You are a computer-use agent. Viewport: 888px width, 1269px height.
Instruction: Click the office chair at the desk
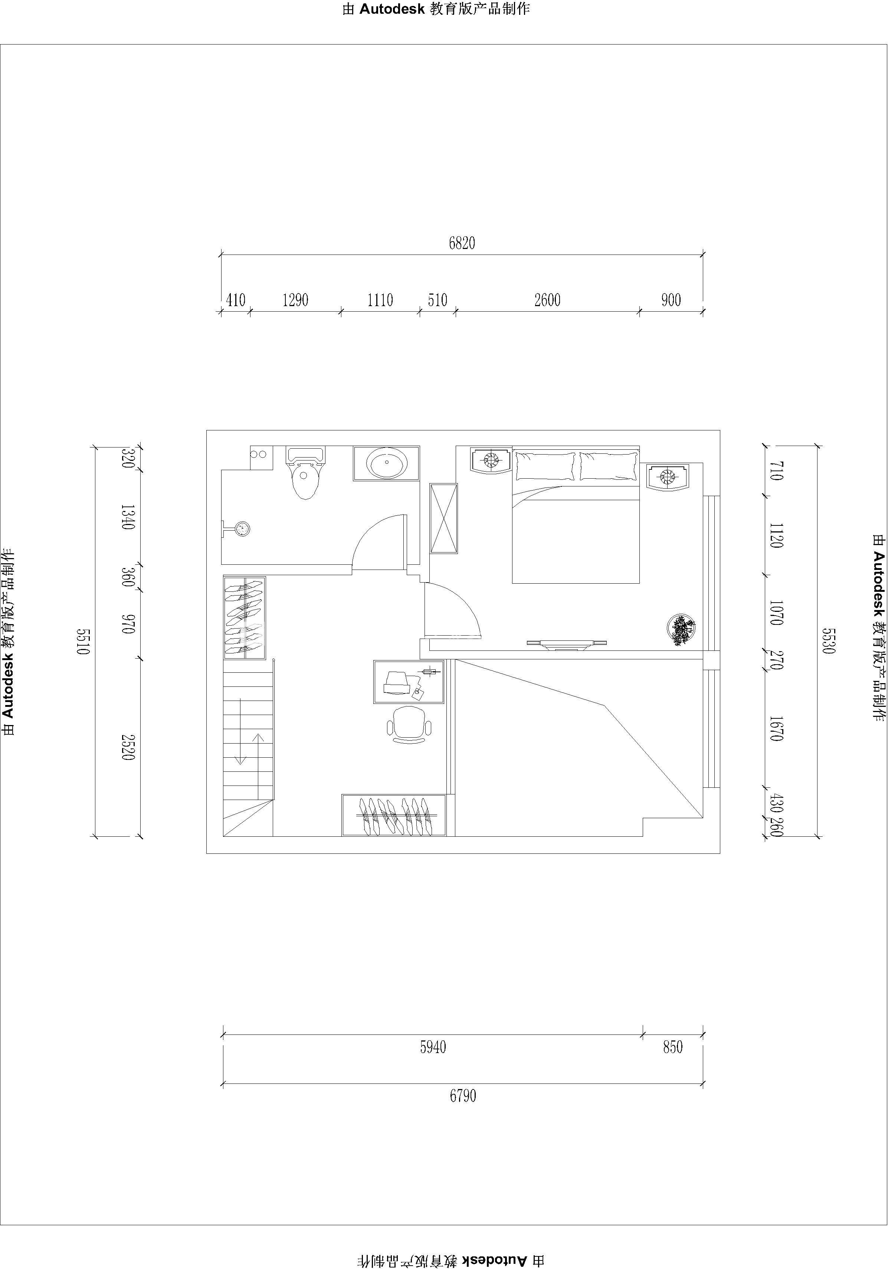409,724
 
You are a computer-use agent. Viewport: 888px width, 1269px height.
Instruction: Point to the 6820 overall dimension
462,243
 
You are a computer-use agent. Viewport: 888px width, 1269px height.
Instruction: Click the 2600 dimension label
547,300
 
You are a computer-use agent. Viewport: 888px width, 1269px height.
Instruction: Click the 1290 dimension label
295,300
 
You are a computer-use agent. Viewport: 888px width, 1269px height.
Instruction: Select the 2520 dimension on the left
128,747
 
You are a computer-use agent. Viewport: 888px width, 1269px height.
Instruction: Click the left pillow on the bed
545,466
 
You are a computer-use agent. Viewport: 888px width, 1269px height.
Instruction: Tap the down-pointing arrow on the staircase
240,731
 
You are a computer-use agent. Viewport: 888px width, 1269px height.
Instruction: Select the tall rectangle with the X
444,518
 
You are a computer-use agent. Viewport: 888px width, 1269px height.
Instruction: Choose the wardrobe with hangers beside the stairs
244,618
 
